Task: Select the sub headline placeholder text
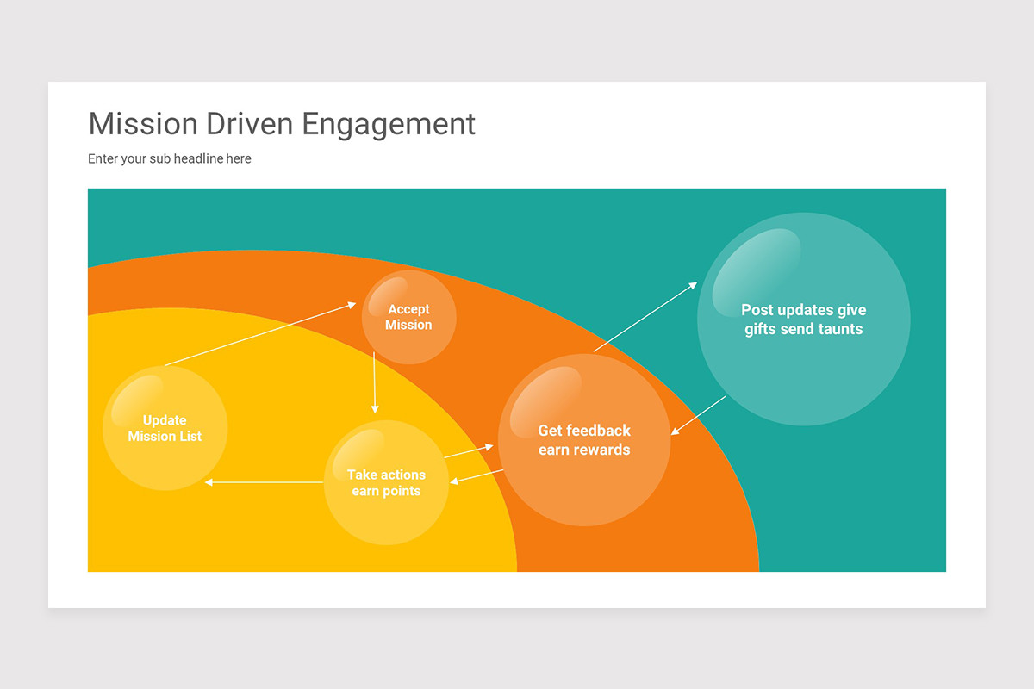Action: (170, 158)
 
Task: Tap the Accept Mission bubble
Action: (408, 317)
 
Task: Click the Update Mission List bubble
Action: (165, 428)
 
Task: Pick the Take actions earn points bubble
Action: (386, 482)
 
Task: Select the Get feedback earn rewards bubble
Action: (584, 439)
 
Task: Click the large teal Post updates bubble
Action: (803, 320)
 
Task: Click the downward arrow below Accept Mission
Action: (375, 382)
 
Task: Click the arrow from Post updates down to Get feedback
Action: (699, 415)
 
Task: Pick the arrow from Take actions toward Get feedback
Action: (469, 451)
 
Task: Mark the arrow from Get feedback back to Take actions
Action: (477, 476)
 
